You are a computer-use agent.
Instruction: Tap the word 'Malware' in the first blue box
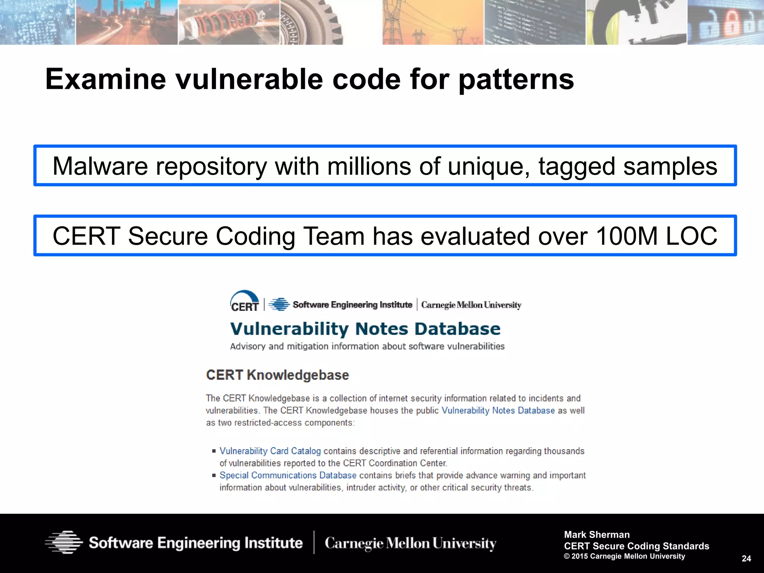pyautogui.click(x=100, y=166)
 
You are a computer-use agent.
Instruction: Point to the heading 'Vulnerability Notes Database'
pyautogui.click(x=365, y=329)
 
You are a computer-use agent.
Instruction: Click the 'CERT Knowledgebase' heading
pyautogui.click(x=277, y=375)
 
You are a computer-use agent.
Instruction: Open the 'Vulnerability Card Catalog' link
pyautogui.click(x=270, y=451)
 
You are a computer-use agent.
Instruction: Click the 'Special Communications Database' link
pyautogui.click(x=288, y=475)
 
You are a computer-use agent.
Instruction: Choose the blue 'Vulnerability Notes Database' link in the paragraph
pyautogui.click(x=498, y=410)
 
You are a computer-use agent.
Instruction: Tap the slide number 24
pyautogui.click(x=746, y=558)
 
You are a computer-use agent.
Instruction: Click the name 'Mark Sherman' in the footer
pyautogui.click(x=597, y=535)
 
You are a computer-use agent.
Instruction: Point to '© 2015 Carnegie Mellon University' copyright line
pyautogui.click(x=624, y=556)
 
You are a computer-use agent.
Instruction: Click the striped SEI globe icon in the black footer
pyautogui.click(x=64, y=542)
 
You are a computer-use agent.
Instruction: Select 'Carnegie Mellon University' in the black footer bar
pyautogui.click(x=410, y=543)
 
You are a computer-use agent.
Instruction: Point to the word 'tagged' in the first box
pyautogui.click(x=576, y=166)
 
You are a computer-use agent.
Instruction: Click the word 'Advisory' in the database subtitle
pyautogui.click(x=248, y=347)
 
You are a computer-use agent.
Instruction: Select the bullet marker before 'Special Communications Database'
pyautogui.click(x=214, y=475)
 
